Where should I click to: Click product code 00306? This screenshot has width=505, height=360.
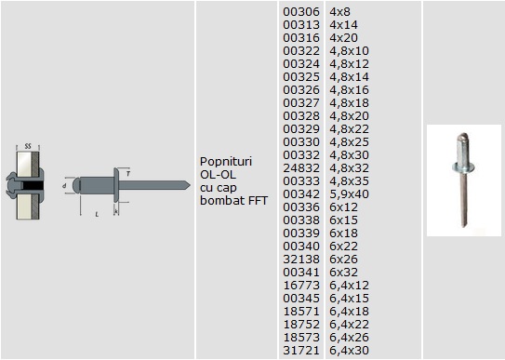click(301, 12)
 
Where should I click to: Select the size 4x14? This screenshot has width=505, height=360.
click(344, 25)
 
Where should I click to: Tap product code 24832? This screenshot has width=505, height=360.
click(301, 168)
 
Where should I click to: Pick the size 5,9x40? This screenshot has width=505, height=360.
click(349, 194)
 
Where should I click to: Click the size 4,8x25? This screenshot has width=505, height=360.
click(349, 142)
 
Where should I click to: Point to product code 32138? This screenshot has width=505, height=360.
click(301, 260)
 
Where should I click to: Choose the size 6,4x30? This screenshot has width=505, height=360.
click(349, 351)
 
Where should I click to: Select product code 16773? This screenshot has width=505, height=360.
click(301, 286)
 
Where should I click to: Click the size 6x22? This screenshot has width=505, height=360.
click(344, 247)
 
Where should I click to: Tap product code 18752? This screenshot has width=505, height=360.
click(301, 325)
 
